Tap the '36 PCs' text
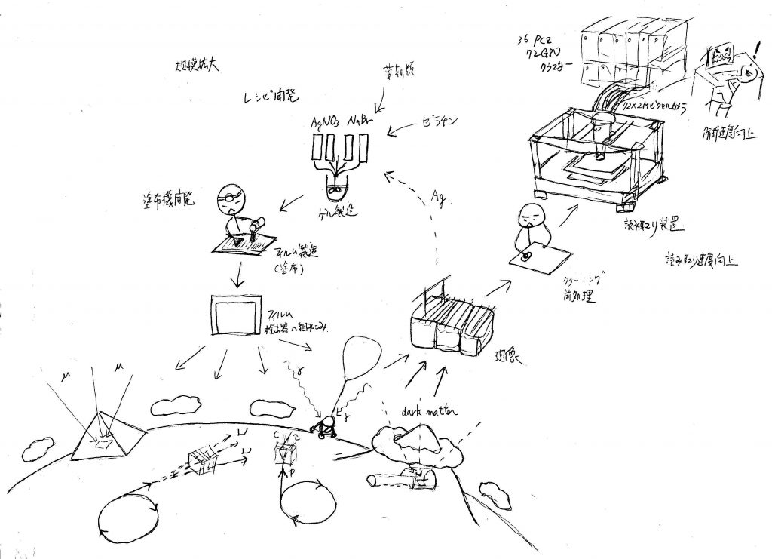coord(536,39)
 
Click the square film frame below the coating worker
coord(234,316)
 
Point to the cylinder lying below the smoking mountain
coord(399,478)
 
